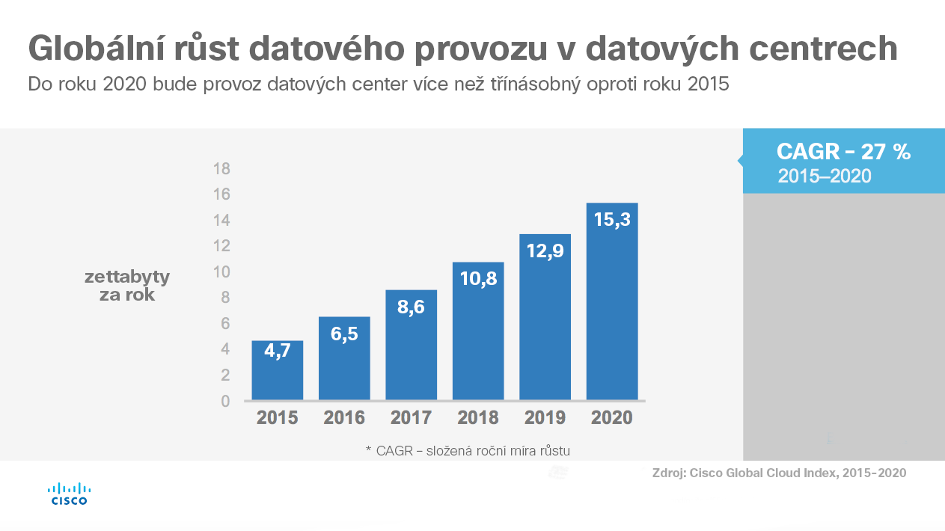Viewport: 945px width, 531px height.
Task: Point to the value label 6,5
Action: click(x=344, y=334)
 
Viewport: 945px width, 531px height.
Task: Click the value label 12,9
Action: click(x=545, y=251)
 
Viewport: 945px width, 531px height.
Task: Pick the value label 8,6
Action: click(x=411, y=307)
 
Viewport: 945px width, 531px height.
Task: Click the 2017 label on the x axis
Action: click(x=411, y=417)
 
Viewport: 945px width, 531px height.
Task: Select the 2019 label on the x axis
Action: click(x=545, y=417)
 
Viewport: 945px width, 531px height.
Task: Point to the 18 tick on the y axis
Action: click(x=221, y=168)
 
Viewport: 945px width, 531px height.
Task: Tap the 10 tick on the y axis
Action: click(x=221, y=271)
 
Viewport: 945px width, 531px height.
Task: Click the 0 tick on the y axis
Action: click(x=224, y=401)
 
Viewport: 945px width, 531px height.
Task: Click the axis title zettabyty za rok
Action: click(x=127, y=286)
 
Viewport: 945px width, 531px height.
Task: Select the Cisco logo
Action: click(x=69, y=494)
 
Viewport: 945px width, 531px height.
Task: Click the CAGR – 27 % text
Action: click(x=843, y=152)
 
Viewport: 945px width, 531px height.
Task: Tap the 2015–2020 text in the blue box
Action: click(x=825, y=177)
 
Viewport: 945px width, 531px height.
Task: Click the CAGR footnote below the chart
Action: click(x=468, y=450)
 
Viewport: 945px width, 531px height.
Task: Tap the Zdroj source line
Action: click(x=779, y=473)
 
